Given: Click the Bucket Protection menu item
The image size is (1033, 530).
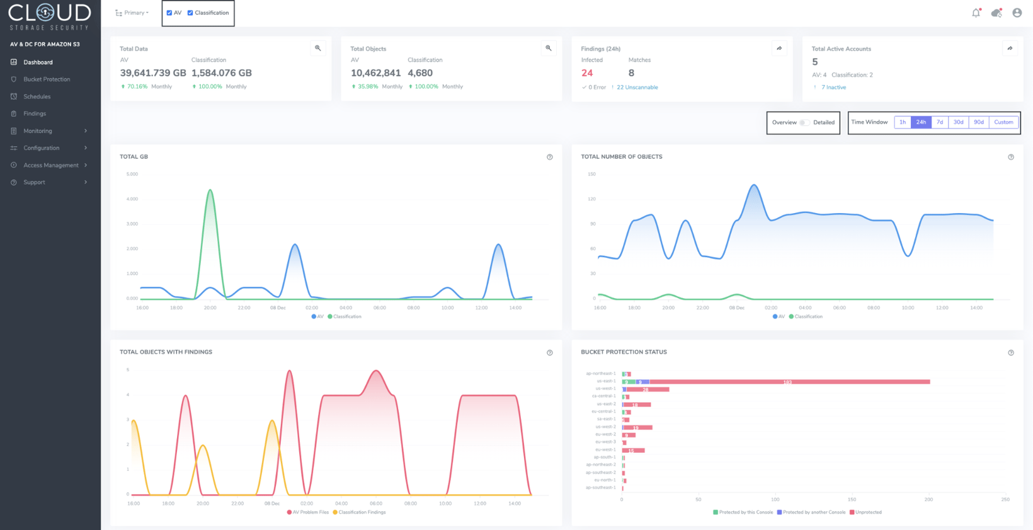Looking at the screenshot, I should click(x=46, y=79).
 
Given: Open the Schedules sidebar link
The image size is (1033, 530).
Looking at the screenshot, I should click(x=37, y=96).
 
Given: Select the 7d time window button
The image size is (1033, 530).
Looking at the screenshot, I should click(x=939, y=122).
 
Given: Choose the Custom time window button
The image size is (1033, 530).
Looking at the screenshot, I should click(x=1003, y=122).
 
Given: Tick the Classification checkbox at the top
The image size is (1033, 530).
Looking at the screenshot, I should click(x=190, y=13).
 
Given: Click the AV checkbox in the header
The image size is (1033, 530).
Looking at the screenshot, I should click(x=169, y=13).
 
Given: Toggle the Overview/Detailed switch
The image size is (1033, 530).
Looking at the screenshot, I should click(x=804, y=122).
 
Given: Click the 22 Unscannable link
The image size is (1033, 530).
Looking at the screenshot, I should click(x=637, y=88).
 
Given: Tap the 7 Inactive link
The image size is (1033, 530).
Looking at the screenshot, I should click(x=833, y=88).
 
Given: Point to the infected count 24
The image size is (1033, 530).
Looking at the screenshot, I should click(x=587, y=73).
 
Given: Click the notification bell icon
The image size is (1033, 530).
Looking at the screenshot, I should click(x=976, y=13).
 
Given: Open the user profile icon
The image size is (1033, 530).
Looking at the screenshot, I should click(x=1017, y=13).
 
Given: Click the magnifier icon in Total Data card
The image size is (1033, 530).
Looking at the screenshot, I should click(x=318, y=48).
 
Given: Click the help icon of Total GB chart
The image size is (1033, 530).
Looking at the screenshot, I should click(x=549, y=157).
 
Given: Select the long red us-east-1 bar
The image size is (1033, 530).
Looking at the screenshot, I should click(x=787, y=381).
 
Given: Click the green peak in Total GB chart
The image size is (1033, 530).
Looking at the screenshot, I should click(x=210, y=190).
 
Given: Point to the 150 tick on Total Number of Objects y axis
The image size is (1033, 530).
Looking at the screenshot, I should click(x=591, y=174).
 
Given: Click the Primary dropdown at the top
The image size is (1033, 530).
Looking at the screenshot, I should click(x=132, y=13).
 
